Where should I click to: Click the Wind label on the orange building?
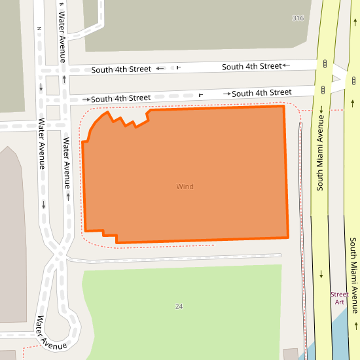coord(185,187)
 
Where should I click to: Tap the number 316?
coord(298,18)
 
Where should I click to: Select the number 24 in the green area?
coord(179,306)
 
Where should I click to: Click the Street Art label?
coord(339,298)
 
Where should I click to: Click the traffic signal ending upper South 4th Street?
coord(325,63)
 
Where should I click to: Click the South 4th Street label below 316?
coord(251,66)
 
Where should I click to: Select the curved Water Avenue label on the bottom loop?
coord(52,333)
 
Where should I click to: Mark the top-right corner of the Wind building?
coord(283,105)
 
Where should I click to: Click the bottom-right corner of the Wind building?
coord(288,236)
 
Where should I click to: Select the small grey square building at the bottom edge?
coord(290,354)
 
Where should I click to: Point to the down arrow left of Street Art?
coord(321,274)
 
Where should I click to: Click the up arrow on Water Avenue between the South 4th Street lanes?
coord(64,79)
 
